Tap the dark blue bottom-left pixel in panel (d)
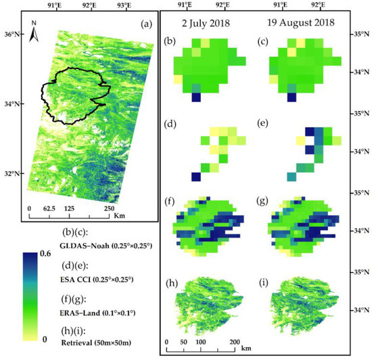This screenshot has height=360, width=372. click(x=196, y=177)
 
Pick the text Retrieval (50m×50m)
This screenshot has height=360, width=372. click(x=91, y=338)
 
